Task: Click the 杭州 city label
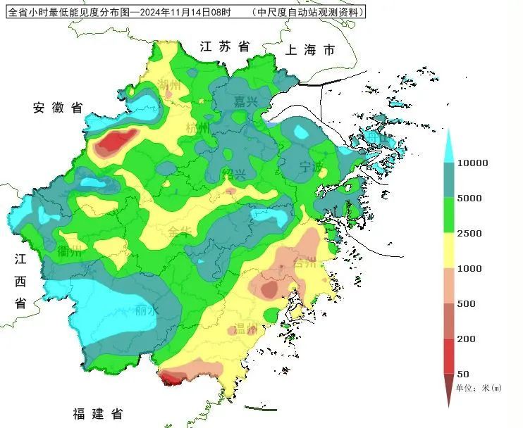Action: tap(197, 128)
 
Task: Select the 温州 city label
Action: tap(247, 329)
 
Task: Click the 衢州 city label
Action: tap(70, 251)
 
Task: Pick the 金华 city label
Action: tap(180, 232)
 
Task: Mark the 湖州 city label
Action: tap(169, 84)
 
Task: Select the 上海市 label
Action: tap(310, 50)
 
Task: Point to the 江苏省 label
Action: tap(225, 46)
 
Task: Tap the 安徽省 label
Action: tap(58, 108)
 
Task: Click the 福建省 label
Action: tap(98, 413)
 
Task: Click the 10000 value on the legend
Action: tap(472, 163)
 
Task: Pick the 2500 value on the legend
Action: tap(469, 234)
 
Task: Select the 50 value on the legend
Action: tap(463, 374)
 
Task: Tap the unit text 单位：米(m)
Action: tap(478, 388)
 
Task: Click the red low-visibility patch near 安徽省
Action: tap(116, 142)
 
